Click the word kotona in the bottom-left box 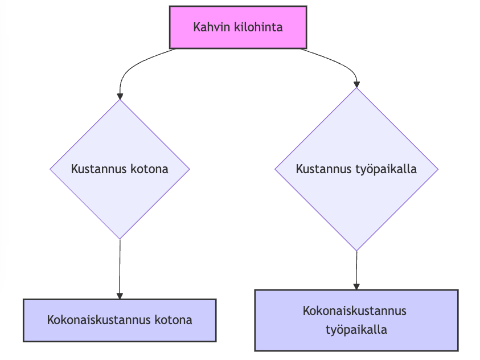(173, 320)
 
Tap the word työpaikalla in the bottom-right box (356, 330)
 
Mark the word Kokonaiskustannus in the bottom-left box (99, 320)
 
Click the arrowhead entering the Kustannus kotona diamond (120, 95)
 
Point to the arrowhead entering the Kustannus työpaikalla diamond (356, 83)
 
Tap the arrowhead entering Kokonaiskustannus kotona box (120, 295)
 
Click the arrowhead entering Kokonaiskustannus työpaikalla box (356, 286)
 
